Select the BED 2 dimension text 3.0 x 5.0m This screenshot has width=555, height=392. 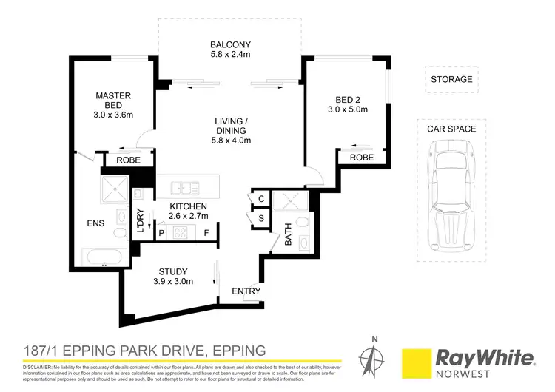point(347,109)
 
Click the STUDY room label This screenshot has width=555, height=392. point(174,271)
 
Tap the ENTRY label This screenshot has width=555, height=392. point(246,291)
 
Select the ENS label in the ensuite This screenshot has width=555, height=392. point(95,223)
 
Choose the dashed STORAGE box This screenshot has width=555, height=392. point(451,79)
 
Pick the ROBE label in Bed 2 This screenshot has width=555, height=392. point(361,158)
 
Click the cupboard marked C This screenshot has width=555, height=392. point(261,200)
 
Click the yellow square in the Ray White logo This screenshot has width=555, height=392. point(416,359)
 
